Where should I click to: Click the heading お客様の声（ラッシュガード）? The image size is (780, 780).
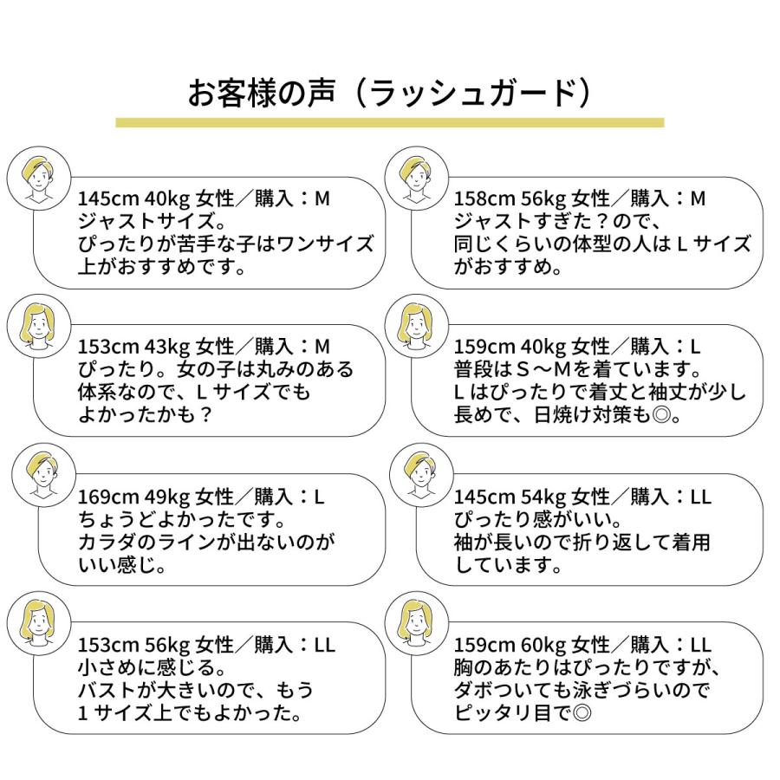(390, 93)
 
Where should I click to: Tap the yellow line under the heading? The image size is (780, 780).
(390, 123)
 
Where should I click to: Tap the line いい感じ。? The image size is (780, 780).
(121, 567)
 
